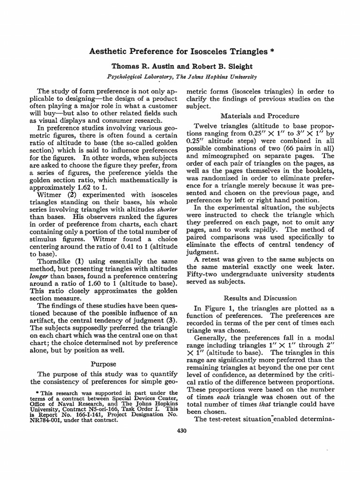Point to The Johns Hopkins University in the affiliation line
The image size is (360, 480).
(x=214, y=76)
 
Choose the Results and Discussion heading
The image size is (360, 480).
(x=260, y=298)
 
